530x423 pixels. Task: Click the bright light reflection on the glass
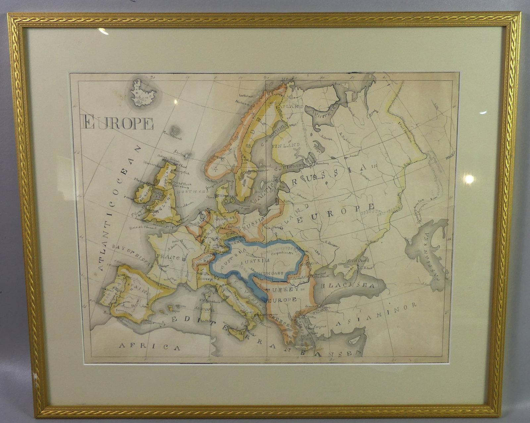tap(469, 179)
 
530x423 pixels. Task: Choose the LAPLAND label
tap(291, 107)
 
